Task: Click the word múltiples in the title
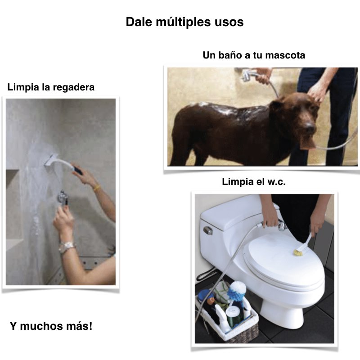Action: pyautogui.click(x=177, y=22)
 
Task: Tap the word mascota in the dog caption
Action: pyautogui.click(x=285, y=56)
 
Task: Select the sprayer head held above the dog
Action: pyautogui.click(x=247, y=75)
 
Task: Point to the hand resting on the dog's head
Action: pyautogui.click(x=317, y=94)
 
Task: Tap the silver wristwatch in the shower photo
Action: pyautogui.click(x=67, y=246)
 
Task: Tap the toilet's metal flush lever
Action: pyautogui.click(x=208, y=230)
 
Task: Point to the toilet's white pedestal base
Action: pyautogui.click(x=280, y=310)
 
